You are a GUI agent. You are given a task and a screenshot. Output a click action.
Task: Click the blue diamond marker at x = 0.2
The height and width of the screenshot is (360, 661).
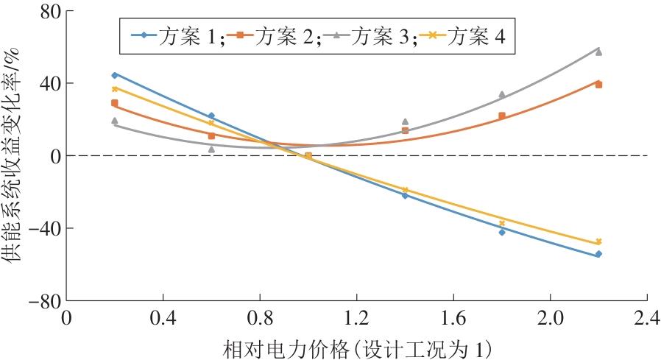coord(114,75)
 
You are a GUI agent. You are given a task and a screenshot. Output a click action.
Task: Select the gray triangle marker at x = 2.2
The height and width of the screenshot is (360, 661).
coord(598,52)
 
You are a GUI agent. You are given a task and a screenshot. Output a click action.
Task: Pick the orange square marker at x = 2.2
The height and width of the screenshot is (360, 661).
coord(598,85)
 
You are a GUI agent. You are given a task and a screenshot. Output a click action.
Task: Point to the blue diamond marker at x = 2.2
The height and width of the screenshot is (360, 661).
coord(598,254)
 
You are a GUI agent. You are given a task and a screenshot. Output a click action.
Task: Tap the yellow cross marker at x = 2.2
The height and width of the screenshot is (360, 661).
coord(598,241)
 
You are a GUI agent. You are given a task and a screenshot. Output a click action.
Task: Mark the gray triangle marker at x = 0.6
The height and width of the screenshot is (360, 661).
coord(211,149)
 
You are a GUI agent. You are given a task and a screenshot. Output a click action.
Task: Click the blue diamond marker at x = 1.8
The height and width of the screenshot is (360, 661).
coord(502,232)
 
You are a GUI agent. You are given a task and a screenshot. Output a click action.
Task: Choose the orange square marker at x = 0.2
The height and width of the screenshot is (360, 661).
coord(114,103)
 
